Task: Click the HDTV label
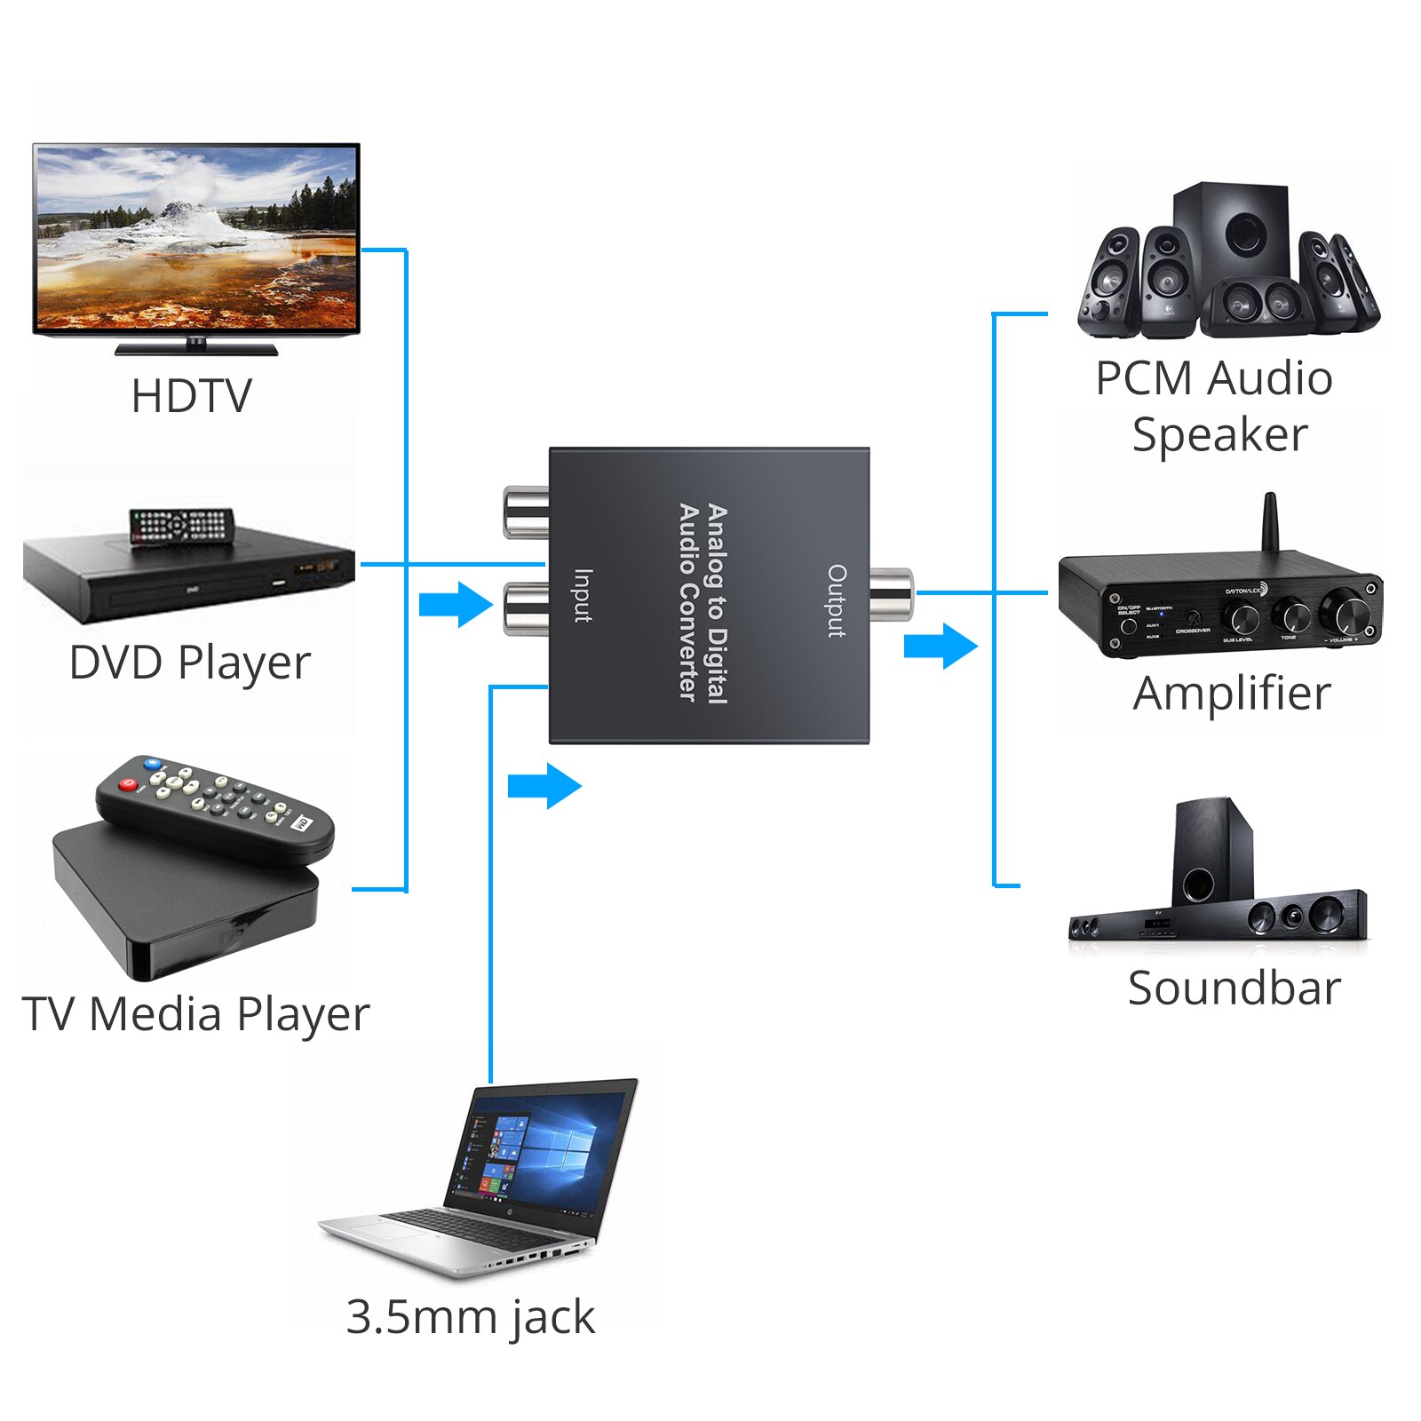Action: tap(191, 396)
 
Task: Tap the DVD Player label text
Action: tap(189, 663)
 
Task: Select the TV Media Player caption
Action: tap(195, 1014)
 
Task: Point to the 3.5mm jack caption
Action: tap(470, 1317)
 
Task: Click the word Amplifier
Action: tap(1232, 694)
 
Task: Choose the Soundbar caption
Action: tap(1234, 988)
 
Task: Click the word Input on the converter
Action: tap(583, 595)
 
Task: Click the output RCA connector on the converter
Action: tap(891, 593)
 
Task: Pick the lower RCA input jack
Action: tap(526, 607)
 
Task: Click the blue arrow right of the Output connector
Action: tap(941, 645)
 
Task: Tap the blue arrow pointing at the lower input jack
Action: tap(456, 605)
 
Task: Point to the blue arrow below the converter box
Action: tap(544, 786)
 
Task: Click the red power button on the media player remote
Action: tap(129, 785)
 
